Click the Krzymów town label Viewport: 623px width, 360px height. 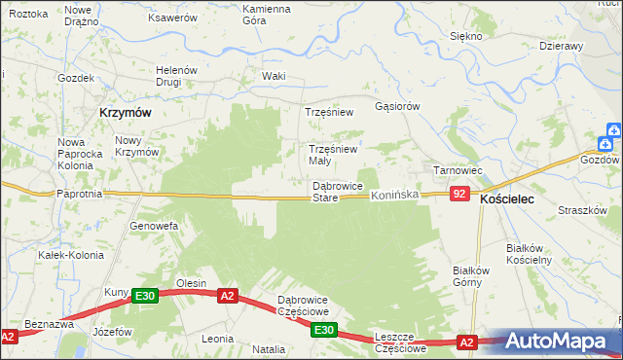tap(125, 112)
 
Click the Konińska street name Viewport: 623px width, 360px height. tap(394, 196)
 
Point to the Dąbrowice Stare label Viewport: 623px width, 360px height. tap(338, 192)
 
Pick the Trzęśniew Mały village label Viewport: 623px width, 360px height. tap(333, 155)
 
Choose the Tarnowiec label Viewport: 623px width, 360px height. tap(458, 170)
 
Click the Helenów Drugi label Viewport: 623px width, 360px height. tap(177, 76)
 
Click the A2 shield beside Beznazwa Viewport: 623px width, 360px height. tap(9, 337)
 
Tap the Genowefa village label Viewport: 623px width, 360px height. tap(154, 226)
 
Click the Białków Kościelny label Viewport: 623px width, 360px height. tap(530, 254)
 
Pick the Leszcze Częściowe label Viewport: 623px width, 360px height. tap(401, 342)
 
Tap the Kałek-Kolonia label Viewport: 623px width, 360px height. tap(64, 255)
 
